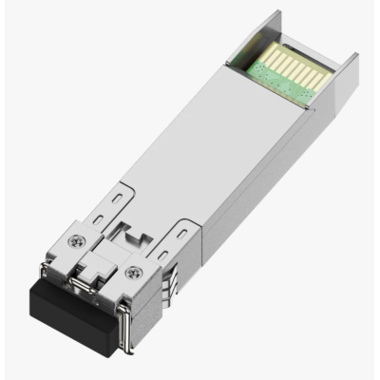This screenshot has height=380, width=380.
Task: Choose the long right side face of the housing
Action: [x=266, y=180]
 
